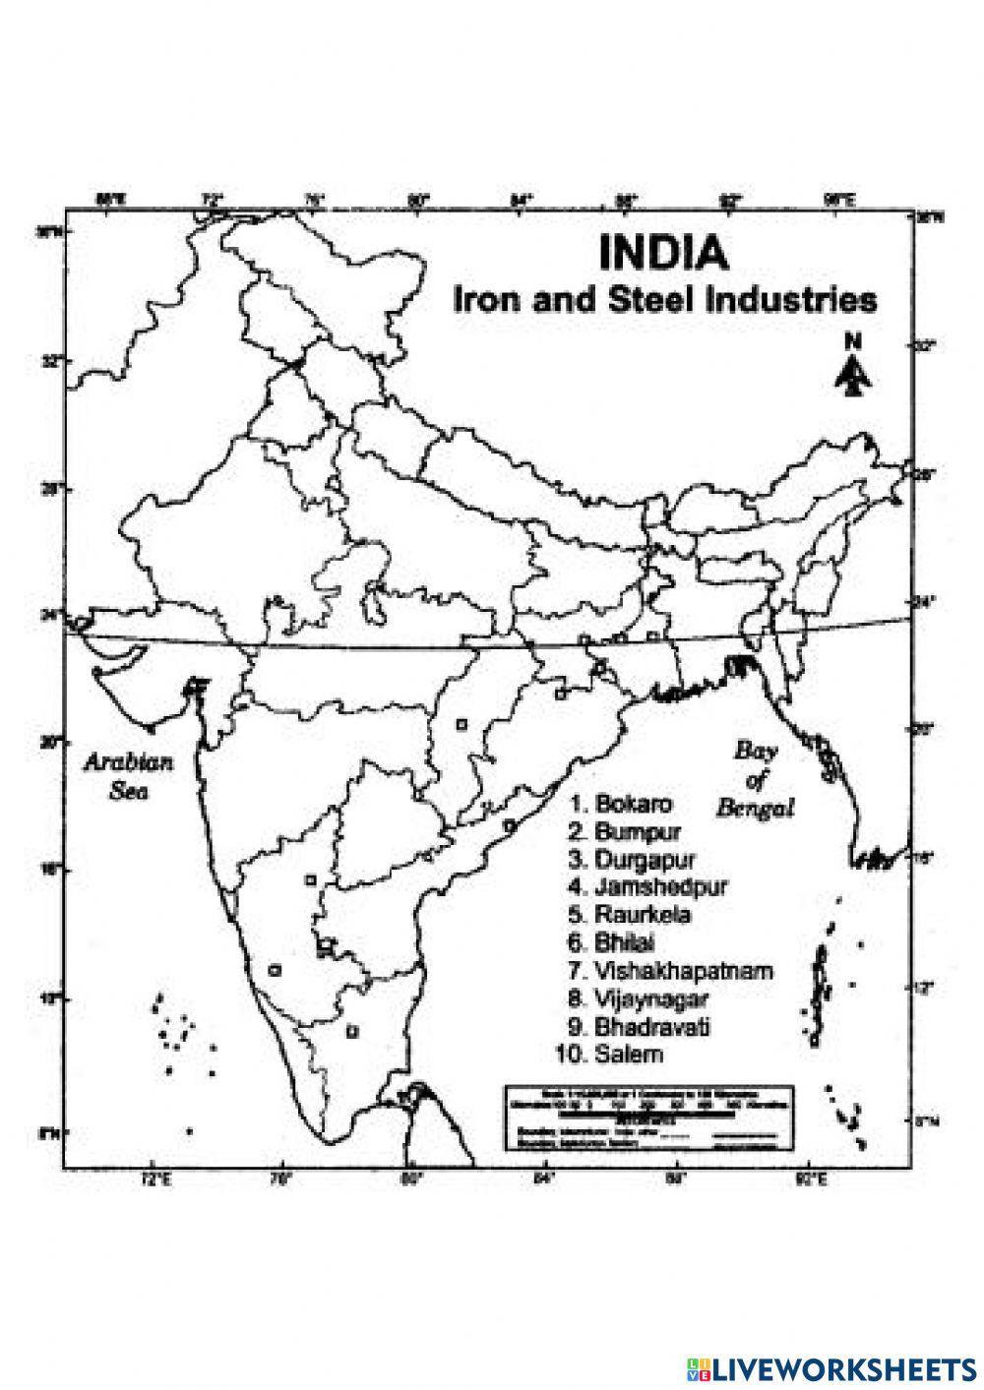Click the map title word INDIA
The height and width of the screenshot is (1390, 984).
(x=664, y=254)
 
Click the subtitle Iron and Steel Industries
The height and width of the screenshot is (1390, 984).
(x=664, y=299)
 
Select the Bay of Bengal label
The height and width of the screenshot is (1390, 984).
(x=755, y=780)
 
